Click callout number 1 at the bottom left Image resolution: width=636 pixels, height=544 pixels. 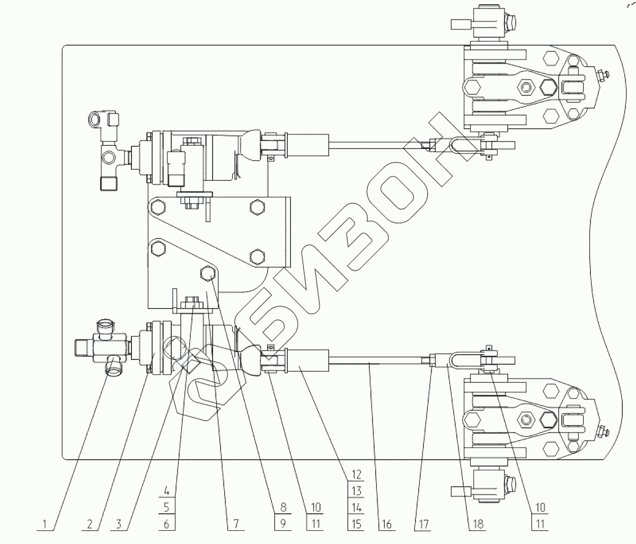click(45, 524)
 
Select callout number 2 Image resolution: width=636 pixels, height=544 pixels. click(91, 524)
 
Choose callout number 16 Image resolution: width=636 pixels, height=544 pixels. click(385, 524)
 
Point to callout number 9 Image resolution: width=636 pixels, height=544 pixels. click(281, 524)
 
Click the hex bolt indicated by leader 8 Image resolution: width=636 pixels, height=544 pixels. click(207, 273)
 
